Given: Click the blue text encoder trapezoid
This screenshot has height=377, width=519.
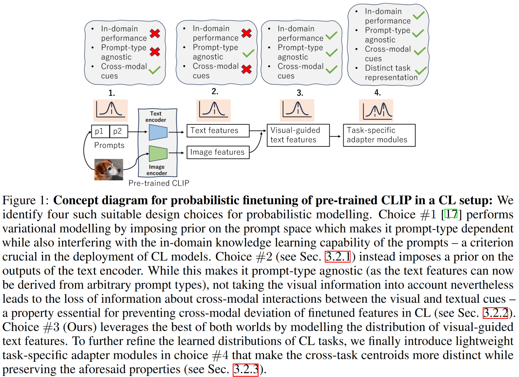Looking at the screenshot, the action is (x=158, y=132).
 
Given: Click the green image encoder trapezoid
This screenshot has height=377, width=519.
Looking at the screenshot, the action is (x=158, y=153).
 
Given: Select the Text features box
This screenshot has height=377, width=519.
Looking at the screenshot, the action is (x=218, y=131).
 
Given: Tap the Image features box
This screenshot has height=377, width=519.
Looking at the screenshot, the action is (x=218, y=152).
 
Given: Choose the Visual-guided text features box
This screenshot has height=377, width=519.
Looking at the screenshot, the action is (x=298, y=135).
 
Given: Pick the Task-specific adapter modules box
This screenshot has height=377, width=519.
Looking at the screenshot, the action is (x=379, y=135).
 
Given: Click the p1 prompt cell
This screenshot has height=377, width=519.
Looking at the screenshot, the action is (x=100, y=131).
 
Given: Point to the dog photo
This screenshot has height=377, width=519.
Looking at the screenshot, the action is (x=109, y=170).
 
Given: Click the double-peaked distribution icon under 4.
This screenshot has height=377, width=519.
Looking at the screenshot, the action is (x=376, y=110).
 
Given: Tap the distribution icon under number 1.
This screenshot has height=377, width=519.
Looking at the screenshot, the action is (x=110, y=110).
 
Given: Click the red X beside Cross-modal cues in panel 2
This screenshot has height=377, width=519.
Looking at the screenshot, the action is (x=246, y=69).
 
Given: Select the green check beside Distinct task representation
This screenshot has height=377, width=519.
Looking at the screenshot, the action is (x=421, y=71).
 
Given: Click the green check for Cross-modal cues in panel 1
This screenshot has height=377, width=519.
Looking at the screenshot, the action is (x=155, y=70).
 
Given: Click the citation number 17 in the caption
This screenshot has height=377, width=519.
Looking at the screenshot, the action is (x=451, y=214).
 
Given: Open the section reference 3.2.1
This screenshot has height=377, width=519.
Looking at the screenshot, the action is (x=338, y=257).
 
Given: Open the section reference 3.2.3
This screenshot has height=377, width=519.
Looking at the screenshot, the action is (x=246, y=370).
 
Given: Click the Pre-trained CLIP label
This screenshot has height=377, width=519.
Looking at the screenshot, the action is (x=159, y=183).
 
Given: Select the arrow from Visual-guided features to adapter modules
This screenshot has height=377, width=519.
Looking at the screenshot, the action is (x=335, y=136).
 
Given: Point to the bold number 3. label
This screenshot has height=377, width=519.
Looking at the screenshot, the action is (x=300, y=93).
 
